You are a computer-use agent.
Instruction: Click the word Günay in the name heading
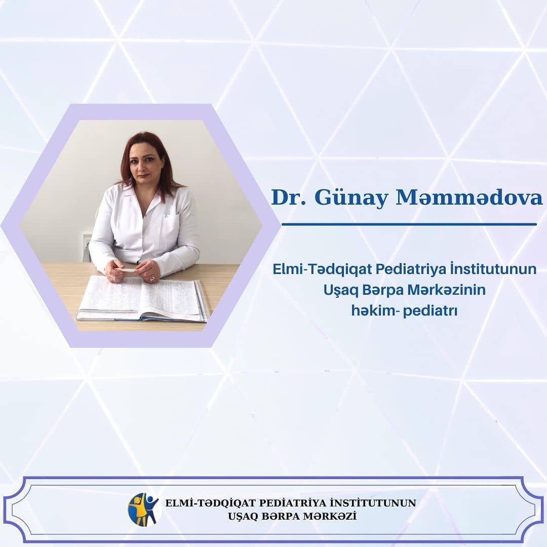click(351, 199)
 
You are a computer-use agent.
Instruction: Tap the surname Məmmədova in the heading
click(469, 198)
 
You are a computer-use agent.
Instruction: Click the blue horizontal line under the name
click(409, 224)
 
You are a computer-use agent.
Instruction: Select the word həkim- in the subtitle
click(375, 310)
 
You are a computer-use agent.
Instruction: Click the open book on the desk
click(142, 298)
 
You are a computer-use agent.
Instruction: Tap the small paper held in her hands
click(126, 269)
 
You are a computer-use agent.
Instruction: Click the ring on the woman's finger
click(152, 278)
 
